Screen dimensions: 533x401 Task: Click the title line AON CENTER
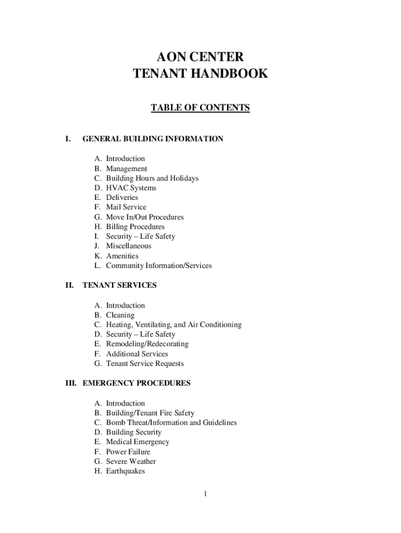[200, 56]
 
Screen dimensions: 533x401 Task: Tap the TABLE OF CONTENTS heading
[200, 108]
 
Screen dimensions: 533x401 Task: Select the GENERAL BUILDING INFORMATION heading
[153, 139]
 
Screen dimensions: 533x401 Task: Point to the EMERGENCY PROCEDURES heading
[136, 384]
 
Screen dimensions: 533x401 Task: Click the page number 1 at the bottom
[206, 494]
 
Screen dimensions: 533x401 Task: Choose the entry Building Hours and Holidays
[152, 179]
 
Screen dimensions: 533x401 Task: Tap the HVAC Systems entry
[131, 188]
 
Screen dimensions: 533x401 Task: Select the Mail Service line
[126, 207]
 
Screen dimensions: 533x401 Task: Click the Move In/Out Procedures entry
[145, 217]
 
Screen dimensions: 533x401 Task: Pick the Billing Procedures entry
[135, 227]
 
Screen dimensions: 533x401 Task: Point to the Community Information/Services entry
[159, 266]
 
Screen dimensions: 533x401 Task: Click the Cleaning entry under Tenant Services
[120, 315]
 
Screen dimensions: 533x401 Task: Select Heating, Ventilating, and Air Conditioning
[173, 325]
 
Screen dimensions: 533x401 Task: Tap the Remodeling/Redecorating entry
[147, 344]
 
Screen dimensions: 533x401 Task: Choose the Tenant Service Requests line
[145, 364]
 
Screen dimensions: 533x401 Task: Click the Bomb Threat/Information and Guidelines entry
[171, 423]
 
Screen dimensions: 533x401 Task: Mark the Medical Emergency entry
[137, 442]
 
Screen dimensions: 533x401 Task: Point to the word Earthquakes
[126, 471]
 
